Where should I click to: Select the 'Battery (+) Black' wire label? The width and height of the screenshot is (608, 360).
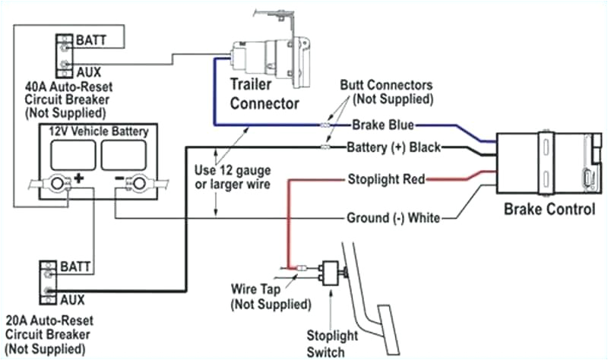pyautogui.click(x=392, y=147)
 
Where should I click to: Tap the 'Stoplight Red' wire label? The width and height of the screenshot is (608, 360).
pyautogui.click(x=385, y=180)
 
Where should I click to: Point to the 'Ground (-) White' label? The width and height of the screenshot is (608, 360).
pyautogui.click(x=393, y=218)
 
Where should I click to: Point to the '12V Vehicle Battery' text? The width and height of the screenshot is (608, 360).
pyautogui.click(x=99, y=131)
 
